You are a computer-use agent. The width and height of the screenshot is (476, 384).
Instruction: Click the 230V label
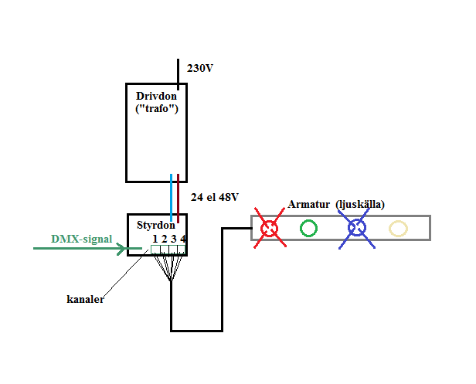click(x=199, y=68)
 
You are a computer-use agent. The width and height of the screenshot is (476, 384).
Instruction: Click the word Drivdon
click(x=156, y=96)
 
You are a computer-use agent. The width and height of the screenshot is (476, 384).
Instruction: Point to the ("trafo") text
click(x=157, y=108)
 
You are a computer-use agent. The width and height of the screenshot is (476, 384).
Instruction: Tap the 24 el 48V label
click(x=215, y=197)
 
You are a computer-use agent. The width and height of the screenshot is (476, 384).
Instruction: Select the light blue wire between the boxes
click(x=172, y=198)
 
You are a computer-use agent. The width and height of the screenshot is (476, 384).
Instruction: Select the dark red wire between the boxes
click(x=178, y=199)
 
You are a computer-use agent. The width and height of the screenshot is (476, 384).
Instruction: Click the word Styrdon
click(x=156, y=226)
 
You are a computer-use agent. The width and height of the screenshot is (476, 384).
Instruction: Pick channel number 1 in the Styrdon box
click(x=155, y=239)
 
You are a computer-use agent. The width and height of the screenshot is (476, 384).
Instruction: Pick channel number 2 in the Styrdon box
click(x=165, y=239)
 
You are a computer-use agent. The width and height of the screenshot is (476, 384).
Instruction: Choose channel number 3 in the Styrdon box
click(x=173, y=239)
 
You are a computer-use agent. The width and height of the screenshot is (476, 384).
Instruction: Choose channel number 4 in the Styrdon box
click(x=182, y=239)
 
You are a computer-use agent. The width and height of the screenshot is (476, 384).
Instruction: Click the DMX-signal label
click(x=82, y=239)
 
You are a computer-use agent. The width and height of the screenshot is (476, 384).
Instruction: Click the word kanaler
click(x=85, y=299)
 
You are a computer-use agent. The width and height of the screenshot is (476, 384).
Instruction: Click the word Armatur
click(x=309, y=204)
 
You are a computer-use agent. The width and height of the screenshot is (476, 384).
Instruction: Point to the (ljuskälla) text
click(x=360, y=204)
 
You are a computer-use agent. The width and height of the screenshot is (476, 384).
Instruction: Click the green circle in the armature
click(x=308, y=219)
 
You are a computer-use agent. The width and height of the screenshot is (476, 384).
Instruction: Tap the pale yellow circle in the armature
click(x=398, y=221)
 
